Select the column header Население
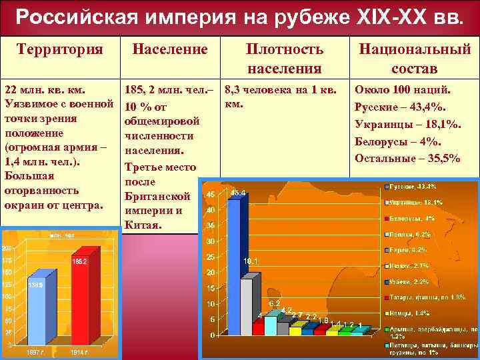170,49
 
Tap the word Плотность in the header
285,49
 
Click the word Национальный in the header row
415,49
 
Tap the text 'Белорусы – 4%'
397,141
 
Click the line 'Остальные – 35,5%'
407,158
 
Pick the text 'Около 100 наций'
403,89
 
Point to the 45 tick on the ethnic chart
211,195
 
